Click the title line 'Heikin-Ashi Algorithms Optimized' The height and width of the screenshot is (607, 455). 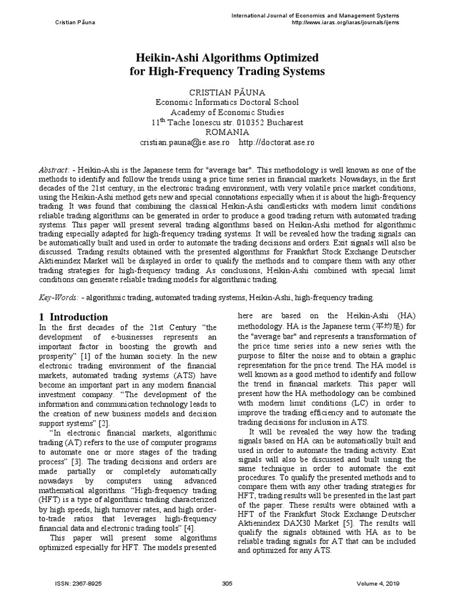click(227, 57)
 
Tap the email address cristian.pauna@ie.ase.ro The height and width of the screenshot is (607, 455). click(186, 143)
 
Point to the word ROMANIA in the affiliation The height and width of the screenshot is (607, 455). click(227, 132)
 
